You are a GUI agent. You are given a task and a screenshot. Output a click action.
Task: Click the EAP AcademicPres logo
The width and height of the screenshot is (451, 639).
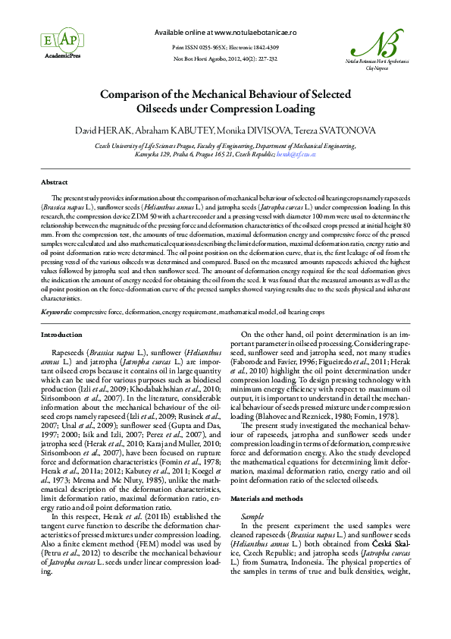pyautogui.click(x=44, y=39)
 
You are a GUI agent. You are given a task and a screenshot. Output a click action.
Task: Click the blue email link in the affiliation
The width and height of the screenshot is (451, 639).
pyautogui.click(x=296, y=153)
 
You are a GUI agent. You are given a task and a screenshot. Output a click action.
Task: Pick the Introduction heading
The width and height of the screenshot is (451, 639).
pyautogui.click(x=61, y=334)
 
